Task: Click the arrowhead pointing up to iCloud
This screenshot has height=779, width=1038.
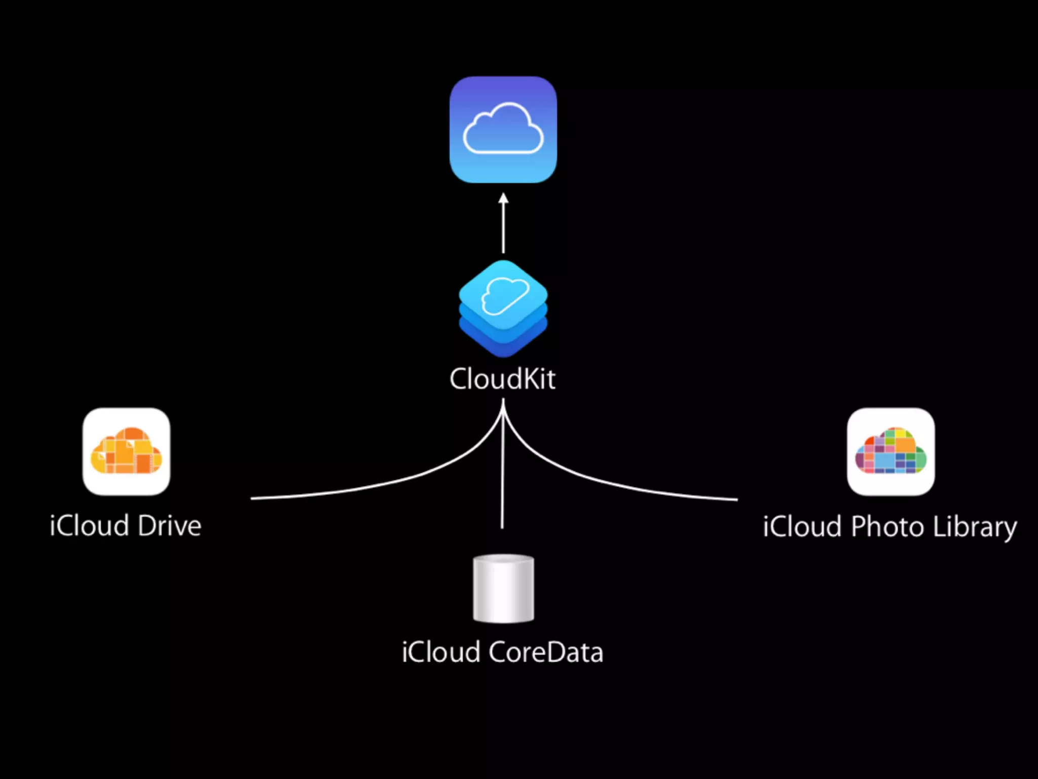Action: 503,198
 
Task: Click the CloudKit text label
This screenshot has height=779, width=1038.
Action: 502,379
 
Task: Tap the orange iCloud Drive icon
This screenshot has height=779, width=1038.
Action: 126,451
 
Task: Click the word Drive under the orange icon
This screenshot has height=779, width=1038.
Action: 169,525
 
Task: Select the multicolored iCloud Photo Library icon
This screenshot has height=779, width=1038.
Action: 891,451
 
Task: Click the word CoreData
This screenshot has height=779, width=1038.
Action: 546,652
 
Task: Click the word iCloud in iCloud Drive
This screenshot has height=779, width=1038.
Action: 89,525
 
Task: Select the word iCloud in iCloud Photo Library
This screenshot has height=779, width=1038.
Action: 803,526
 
